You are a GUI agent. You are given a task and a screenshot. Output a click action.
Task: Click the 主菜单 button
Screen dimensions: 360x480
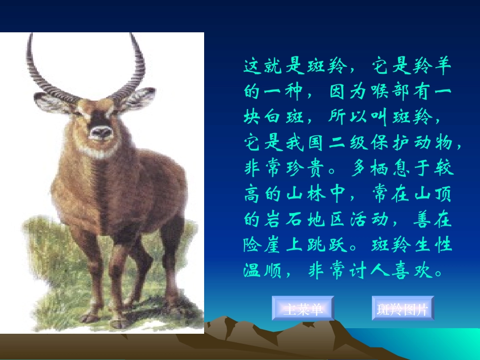(x=303, y=308)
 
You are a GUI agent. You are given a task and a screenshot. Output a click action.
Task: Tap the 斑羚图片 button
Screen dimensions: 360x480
(x=402, y=308)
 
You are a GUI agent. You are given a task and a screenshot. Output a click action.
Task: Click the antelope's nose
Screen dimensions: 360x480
(x=102, y=132)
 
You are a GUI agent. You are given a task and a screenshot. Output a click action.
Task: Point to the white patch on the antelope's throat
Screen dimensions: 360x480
(x=101, y=150)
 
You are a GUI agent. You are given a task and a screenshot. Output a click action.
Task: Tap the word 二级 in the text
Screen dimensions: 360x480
(x=346, y=143)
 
